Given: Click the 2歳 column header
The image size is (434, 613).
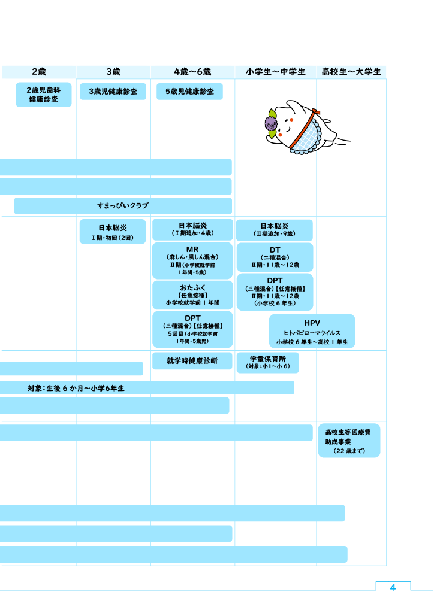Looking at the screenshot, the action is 39,72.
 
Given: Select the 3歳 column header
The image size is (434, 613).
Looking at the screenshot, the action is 113,72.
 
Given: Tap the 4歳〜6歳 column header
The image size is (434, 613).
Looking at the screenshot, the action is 192,72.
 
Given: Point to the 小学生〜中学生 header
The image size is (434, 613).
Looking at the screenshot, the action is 276,72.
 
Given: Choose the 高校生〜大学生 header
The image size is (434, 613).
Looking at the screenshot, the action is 351,72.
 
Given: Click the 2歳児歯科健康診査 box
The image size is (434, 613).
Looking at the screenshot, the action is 43,95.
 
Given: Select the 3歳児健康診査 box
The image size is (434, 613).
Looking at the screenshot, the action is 113,92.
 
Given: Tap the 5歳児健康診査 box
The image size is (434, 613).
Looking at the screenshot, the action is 190,92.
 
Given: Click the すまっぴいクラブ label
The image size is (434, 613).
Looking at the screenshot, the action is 123,206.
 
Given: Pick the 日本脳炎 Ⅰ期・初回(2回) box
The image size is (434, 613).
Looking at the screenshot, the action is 113,232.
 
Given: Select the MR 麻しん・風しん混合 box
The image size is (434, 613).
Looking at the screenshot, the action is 192,260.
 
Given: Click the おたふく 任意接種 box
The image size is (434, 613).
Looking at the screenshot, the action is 192,295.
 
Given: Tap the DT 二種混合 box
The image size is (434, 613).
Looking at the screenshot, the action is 275,257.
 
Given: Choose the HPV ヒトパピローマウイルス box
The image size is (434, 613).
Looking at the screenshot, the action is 312,332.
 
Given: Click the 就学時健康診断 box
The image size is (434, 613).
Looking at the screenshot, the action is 192,361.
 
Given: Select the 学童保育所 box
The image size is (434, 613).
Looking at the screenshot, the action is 268,362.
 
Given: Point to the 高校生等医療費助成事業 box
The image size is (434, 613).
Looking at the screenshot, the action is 349,441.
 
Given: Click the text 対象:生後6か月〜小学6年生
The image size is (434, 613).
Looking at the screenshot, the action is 76,388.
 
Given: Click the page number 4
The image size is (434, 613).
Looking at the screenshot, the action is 393,588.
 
